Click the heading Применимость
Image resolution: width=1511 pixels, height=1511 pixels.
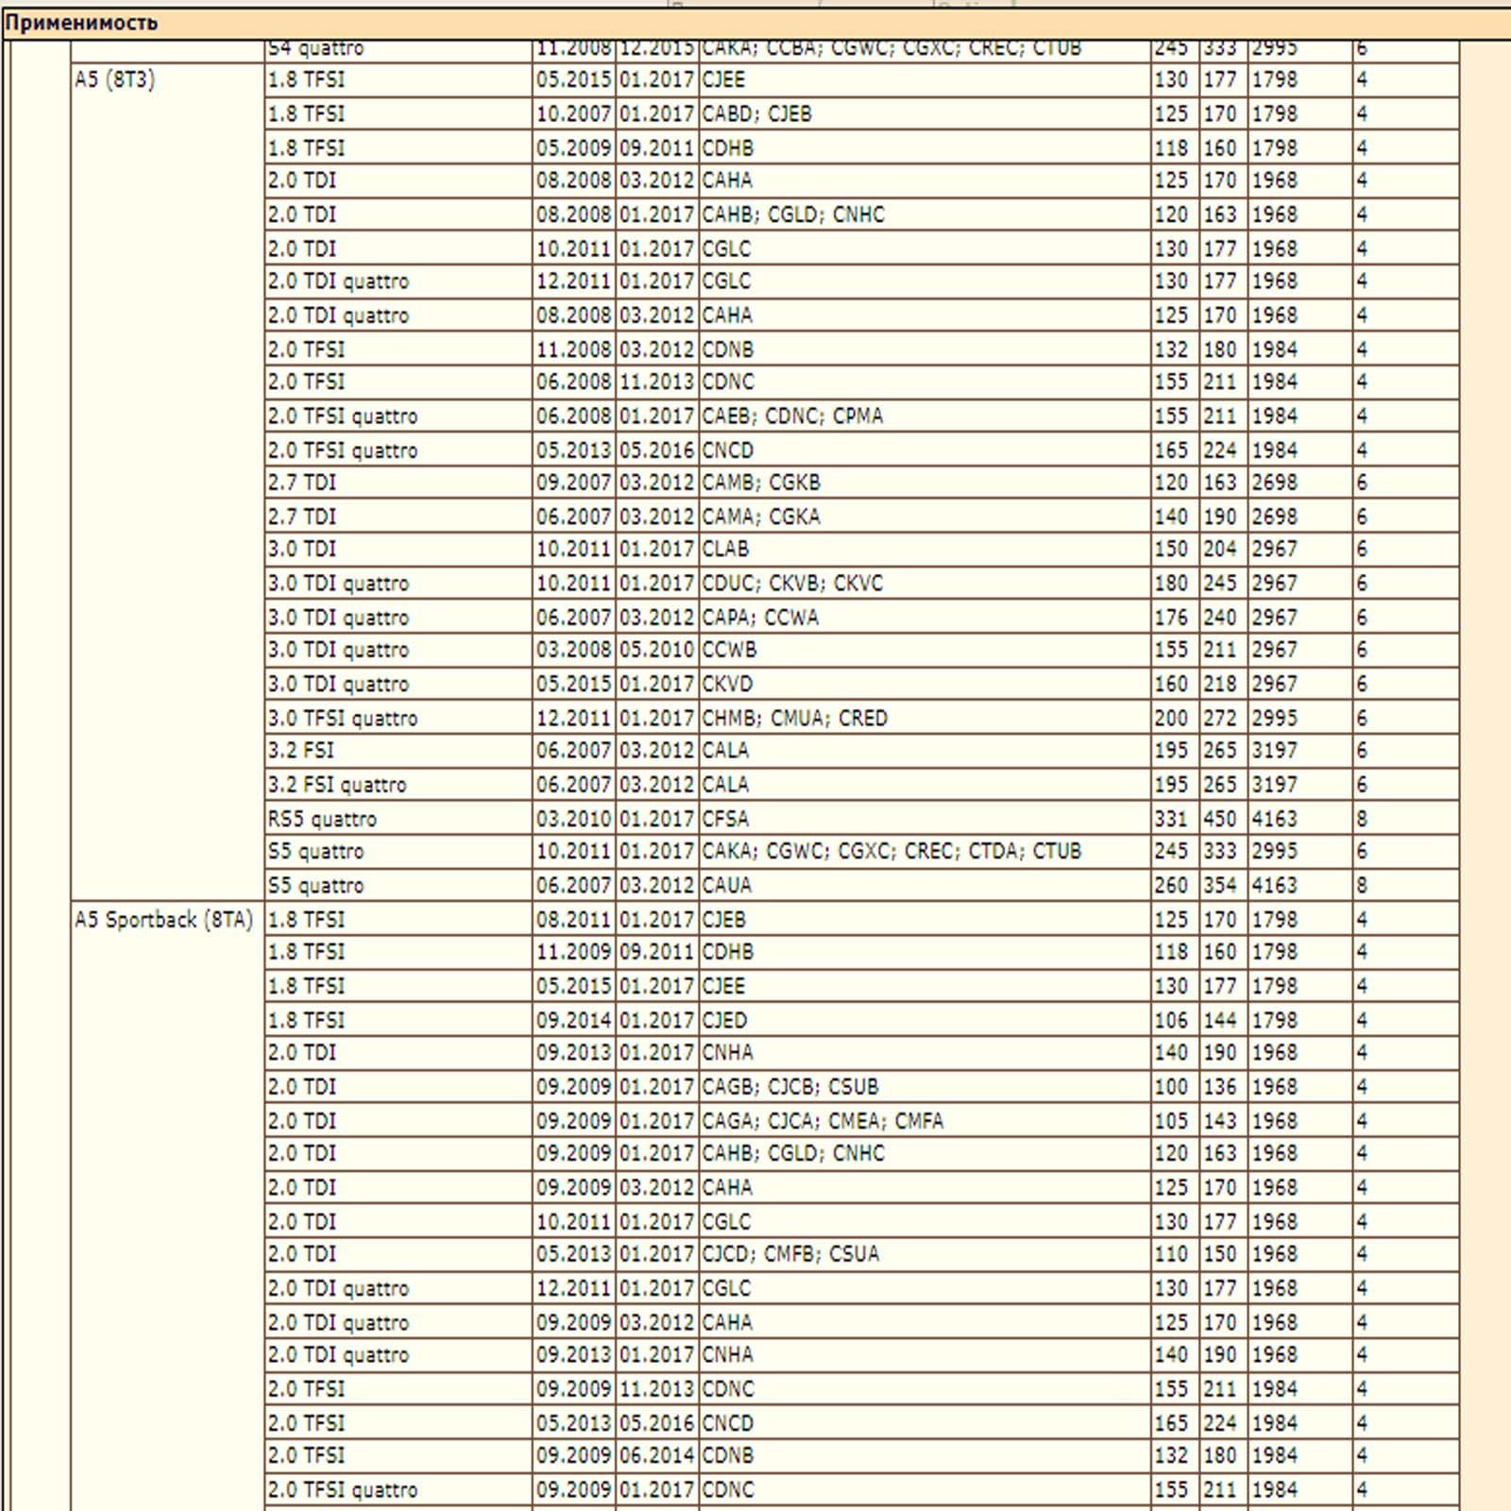(81, 23)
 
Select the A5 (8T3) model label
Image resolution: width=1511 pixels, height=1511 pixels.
(114, 80)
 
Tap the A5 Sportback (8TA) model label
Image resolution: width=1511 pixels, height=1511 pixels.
(163, 920)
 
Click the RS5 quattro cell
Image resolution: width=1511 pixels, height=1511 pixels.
(322, 819)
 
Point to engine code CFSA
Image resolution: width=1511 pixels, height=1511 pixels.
(725, 819)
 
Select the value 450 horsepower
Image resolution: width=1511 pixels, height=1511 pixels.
(1219, 819)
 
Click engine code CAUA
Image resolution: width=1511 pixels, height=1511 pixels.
(726, 886)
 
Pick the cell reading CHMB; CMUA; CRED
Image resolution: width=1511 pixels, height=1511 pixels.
(794, 719)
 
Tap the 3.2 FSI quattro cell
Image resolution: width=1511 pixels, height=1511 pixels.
(336, 785)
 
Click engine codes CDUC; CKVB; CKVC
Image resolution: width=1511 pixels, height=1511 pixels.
(791, 584)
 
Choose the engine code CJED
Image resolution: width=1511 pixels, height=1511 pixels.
(724, 1021)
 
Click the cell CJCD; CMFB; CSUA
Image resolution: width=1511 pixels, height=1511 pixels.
(789, 1254)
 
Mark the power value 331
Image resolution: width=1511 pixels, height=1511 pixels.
(1171, 819)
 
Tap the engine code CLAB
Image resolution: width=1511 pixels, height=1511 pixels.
(725, 550)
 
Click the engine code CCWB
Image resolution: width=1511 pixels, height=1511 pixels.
(729, 650)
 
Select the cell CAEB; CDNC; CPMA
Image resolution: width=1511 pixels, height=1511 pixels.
(791, 416)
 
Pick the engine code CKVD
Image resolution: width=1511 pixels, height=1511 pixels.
(727, 684)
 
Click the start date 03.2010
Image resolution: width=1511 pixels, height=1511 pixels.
(573, 819)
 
